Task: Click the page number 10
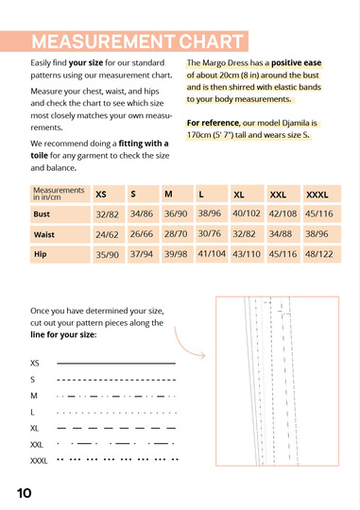tap(24, 493)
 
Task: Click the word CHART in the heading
tap(211, 42)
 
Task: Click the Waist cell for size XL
tap(247, 234)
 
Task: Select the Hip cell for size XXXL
tap(322, 254)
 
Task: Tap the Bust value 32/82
tap(107, 214)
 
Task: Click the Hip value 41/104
tap(212, 253)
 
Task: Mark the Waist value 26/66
tap(142, 234)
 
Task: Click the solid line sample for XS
tap(116, 363)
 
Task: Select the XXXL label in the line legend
tap(39, 461)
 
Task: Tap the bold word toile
tap(39, 156)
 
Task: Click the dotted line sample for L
tap(116, 413)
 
